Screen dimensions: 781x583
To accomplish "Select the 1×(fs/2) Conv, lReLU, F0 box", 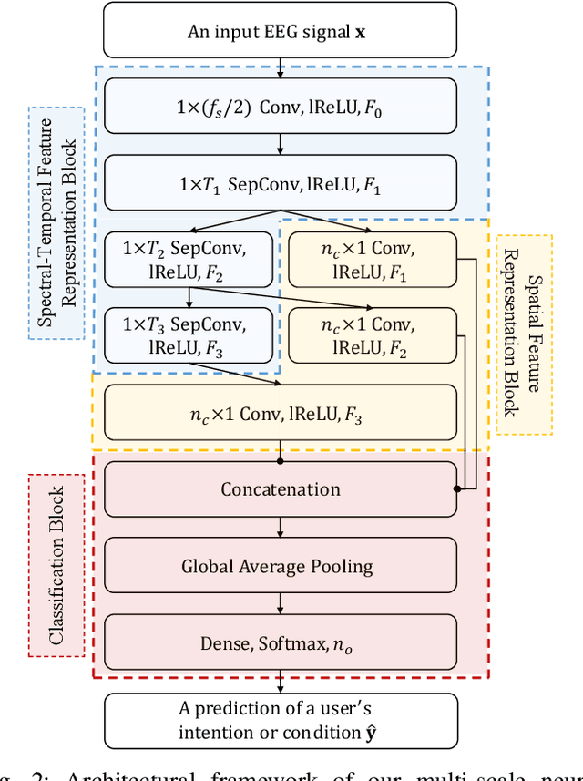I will click(281, 107).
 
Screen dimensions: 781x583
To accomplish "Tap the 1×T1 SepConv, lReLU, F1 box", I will click(281, 182).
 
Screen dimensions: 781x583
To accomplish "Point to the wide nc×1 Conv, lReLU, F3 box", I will click(281, 412).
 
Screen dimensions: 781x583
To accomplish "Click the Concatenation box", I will click(281, 489).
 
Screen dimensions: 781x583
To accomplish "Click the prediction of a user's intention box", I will click(281, 720).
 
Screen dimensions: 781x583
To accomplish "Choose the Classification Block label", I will click(56, 565).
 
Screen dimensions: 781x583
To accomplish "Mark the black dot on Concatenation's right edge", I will click(456, 489).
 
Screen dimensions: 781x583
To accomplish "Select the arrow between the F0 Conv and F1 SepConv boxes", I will click(281, 144).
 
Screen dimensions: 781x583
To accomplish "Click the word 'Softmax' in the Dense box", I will click(291, 643).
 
